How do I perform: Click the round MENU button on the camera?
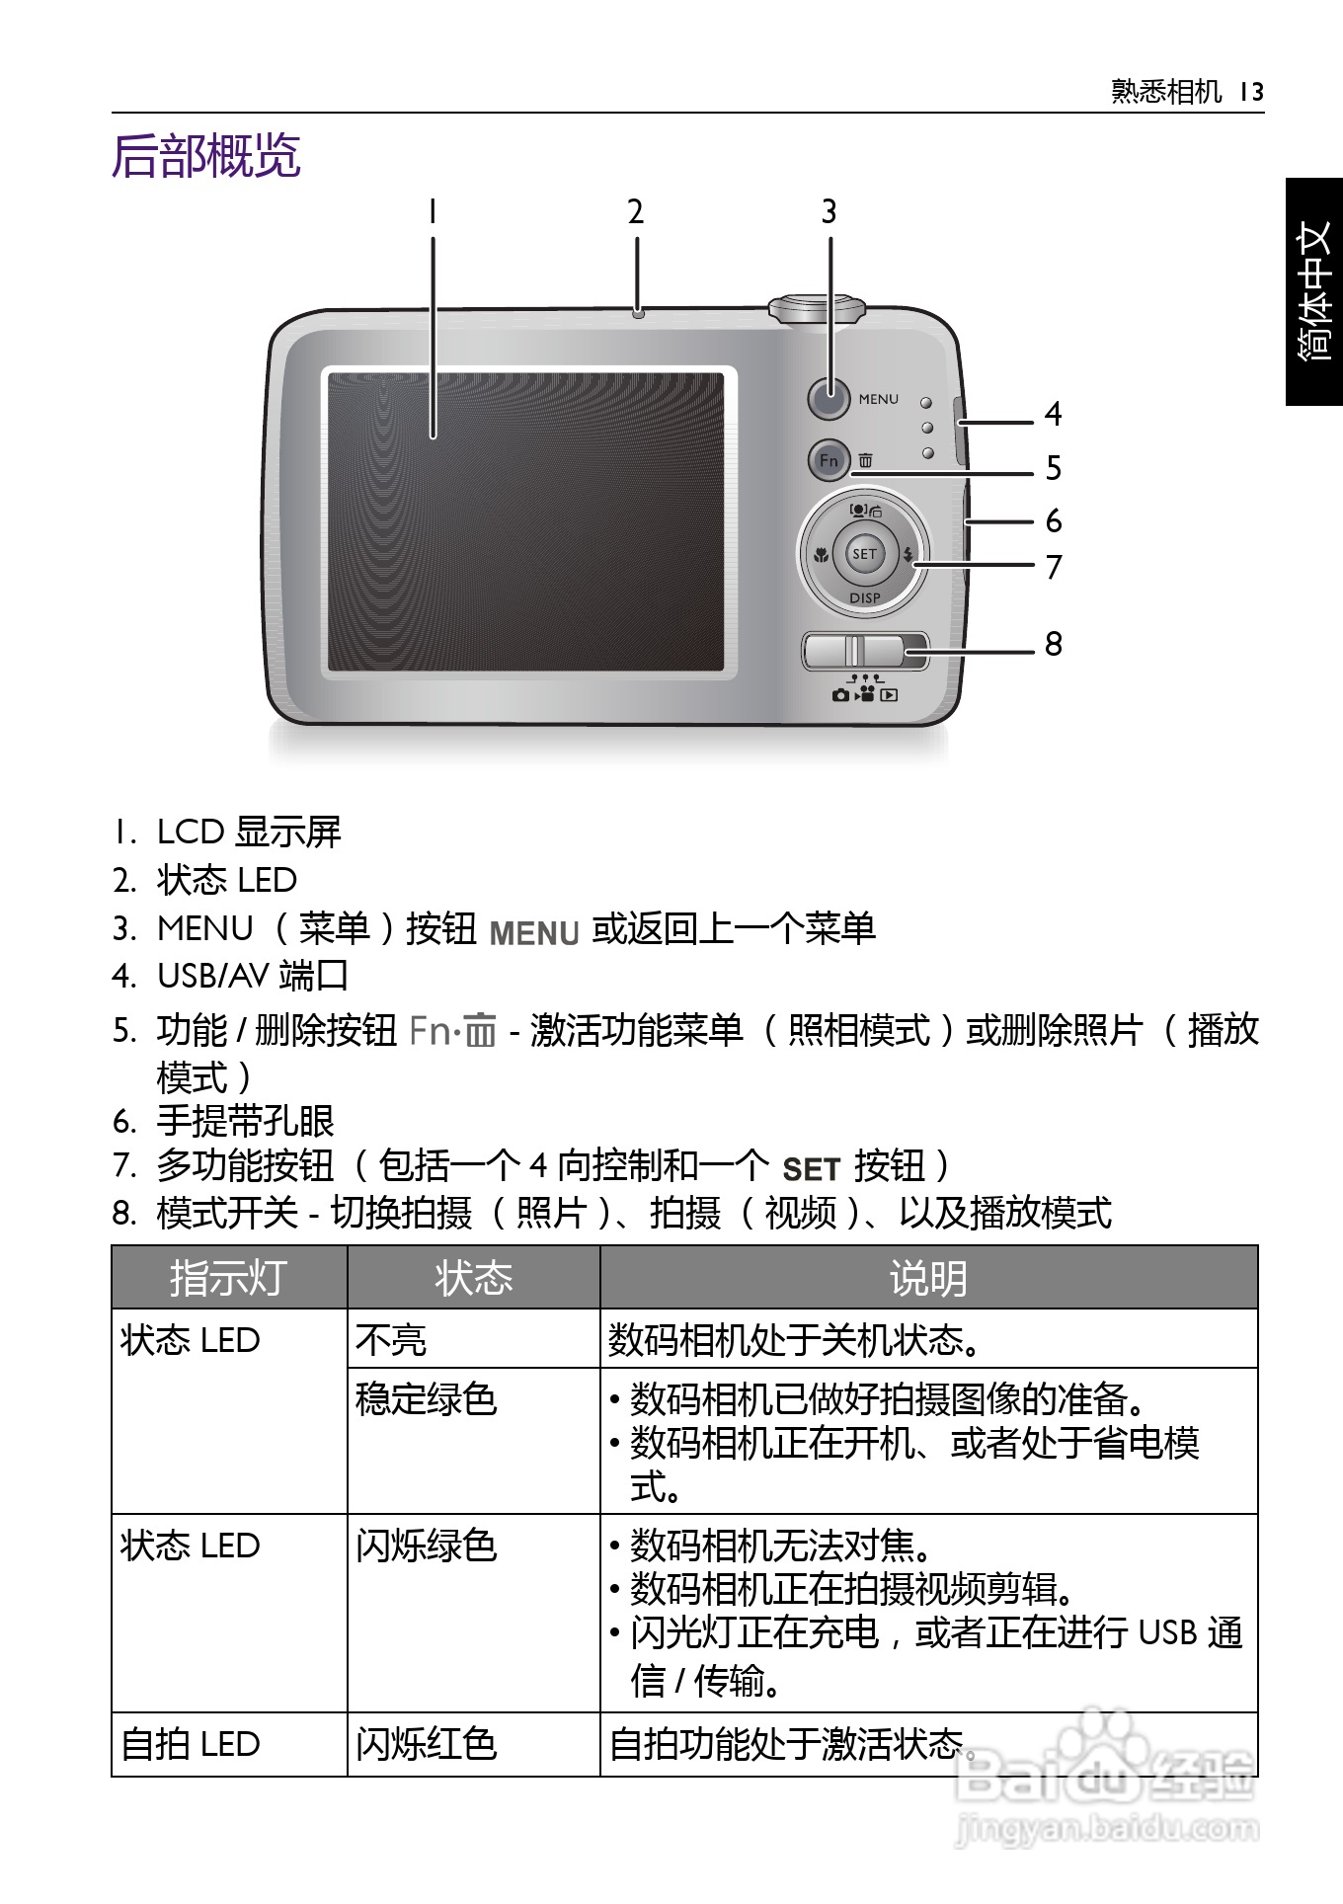coord(829,399)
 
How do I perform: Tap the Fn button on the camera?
coord(829,460)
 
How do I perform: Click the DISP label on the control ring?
coord(864,597)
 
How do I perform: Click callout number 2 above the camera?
coord(636,212)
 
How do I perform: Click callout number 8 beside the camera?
coord(1054,645)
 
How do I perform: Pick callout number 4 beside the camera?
coord(1054,414)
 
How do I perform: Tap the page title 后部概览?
coord(206,156)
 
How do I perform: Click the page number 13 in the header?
coord(1251,93)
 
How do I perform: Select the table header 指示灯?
coord(228,1278)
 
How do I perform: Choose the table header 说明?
coord(927,1278)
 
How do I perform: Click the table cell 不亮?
coord(391,1340)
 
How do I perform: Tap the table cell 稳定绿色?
coord(426,1399)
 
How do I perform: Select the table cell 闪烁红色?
coord(426,1744)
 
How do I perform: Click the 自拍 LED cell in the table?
coord(191,1744)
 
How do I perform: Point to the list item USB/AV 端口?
coord(252,976)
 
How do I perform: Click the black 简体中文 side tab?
coord(1314,291)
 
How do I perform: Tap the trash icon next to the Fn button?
coord(865,460)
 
